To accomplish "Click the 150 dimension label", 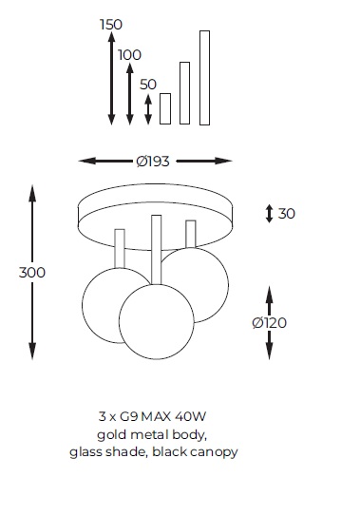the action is pyautogui.click(x=111, y=25).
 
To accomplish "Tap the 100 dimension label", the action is pyautogui.click(x=129, y=55).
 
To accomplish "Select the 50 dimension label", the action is pyautogui.click(x=148, y=85).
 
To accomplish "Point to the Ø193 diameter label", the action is pyautogui.click(x=153, y=162).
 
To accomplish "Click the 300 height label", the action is pyautogui.click(x=32, y=273).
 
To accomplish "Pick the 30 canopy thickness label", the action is pyautogui.click(x=287, y=214).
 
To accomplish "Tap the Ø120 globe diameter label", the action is pyautogui.click(x=270, y=323).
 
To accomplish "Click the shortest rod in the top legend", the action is pyautogui.click(x=165, y=109).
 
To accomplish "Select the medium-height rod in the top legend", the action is pyautogui.click(x=184, y=93).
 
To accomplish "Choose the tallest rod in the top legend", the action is pyautogui.click(x=204, y=78).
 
